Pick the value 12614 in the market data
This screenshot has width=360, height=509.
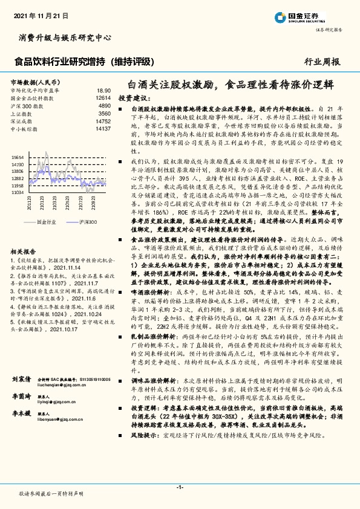tap(103, 97)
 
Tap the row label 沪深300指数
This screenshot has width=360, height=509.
tap(28, 105)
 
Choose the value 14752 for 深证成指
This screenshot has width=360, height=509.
tap(103, 120)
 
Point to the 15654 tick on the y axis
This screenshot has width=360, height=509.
tap(18, 157)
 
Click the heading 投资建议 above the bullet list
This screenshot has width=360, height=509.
tap(133, 97)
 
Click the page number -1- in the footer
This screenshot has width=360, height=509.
tap(180, 487)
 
